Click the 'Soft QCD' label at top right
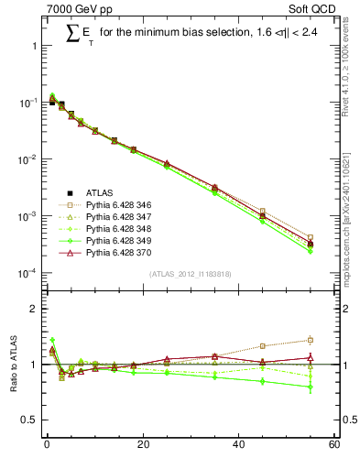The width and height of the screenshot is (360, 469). click(x=313, y=10)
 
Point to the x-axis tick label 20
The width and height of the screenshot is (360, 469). click(x=142, y=446)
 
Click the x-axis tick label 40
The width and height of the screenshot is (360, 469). click(x=238, y=446)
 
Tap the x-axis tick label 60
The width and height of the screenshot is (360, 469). click(x=334, y=446)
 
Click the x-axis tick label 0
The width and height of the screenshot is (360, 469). click(x=46, y=446)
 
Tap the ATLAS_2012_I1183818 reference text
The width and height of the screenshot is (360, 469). click(x=189, y=274)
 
